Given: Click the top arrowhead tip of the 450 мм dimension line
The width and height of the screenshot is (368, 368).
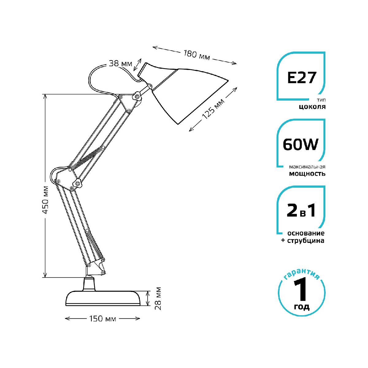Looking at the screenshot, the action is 45,94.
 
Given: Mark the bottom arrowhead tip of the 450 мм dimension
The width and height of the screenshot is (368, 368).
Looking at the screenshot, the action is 45,277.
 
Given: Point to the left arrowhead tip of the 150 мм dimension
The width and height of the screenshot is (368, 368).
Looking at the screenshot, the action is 65,318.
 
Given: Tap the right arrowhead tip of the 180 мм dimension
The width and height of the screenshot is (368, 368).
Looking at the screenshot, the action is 237,64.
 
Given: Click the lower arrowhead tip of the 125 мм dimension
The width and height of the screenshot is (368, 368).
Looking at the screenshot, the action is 189,131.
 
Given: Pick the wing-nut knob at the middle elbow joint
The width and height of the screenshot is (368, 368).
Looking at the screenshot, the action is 77,183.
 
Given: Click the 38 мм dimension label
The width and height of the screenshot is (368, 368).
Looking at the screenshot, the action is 120,63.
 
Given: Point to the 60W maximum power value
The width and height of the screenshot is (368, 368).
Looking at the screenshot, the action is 301,144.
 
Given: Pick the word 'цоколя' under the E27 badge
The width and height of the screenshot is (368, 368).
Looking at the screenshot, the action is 312,107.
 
